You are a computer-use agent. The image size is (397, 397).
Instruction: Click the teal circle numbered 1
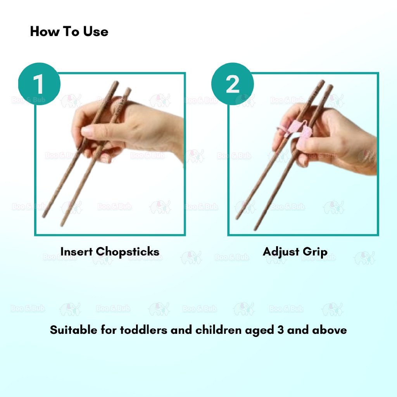click(39, 84)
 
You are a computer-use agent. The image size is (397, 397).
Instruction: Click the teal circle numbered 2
click(232, 84)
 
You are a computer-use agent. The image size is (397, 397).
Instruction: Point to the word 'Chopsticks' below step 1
click(128, 252)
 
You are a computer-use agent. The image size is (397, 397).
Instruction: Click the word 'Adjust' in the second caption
click(281, 252)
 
